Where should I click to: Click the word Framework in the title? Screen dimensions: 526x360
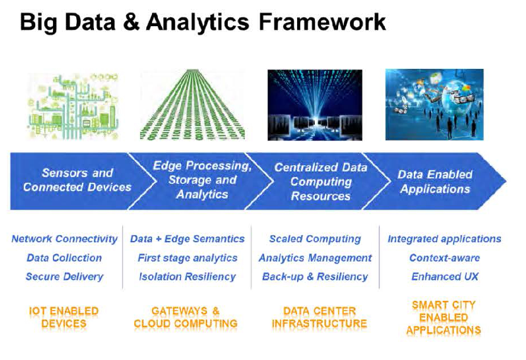[x=322, y=22]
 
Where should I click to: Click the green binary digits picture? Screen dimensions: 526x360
[x=192, y=104]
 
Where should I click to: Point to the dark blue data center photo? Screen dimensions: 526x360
[x=315, y=105]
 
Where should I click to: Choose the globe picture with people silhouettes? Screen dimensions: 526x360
[x=434, y=104]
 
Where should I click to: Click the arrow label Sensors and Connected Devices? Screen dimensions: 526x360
[x=77, y=180]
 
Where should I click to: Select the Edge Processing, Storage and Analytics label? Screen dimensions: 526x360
[x=202, y=180]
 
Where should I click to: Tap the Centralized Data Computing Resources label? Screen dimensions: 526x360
[x=320, y=182]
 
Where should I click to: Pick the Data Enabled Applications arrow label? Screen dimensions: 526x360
[x=435, y=182]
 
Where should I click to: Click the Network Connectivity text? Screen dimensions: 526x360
[x=64, y=239]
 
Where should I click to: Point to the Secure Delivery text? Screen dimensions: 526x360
[x=64, y=276]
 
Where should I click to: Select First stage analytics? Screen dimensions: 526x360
[x=187, y=258]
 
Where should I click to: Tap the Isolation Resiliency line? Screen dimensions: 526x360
[x=187, y=276]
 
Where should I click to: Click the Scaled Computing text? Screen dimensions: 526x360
[x=315, y=239]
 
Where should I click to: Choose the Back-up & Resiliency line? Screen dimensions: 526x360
[x=315, y=276]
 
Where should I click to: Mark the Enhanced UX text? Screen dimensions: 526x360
[x=445, y=276]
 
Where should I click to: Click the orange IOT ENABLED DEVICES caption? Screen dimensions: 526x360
[x=64, y=317]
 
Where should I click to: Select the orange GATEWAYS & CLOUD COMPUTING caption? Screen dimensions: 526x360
[x=186, y=317]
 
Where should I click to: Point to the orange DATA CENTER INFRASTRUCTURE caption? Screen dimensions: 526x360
[x=319, y=317]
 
